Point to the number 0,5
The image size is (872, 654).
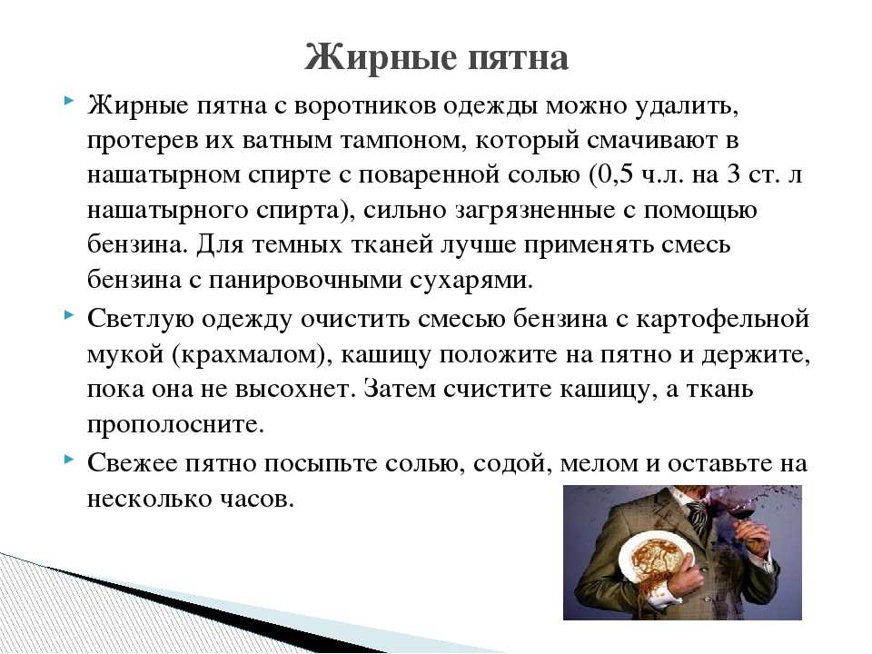point(615,175)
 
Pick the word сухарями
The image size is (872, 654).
point(471,281)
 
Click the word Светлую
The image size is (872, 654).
point(141,320)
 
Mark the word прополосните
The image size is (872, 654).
point(175,425)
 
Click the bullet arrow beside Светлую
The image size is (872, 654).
point(69,315)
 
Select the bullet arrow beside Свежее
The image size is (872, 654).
point(69,460)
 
